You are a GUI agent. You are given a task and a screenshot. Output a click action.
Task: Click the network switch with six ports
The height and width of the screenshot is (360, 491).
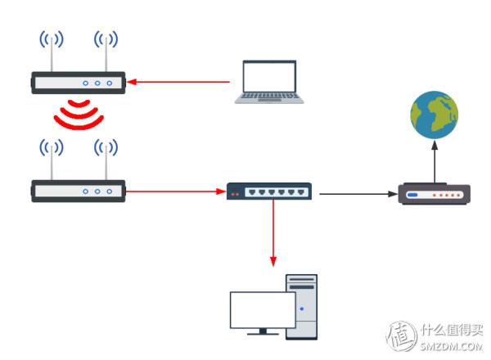269,191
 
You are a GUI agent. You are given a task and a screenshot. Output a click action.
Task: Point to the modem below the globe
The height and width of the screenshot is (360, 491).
434,195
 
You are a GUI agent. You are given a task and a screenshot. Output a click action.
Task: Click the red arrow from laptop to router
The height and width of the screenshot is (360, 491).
180,81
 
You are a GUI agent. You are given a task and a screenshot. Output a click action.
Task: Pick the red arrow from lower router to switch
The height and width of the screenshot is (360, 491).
176,192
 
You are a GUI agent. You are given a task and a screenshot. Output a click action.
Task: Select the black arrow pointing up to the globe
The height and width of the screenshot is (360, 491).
435,160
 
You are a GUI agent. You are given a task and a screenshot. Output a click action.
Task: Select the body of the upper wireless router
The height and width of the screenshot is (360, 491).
78,82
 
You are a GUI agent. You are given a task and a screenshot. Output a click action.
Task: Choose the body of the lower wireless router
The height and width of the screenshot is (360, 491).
78,191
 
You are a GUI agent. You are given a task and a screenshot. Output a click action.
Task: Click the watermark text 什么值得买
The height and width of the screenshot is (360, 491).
452,331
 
